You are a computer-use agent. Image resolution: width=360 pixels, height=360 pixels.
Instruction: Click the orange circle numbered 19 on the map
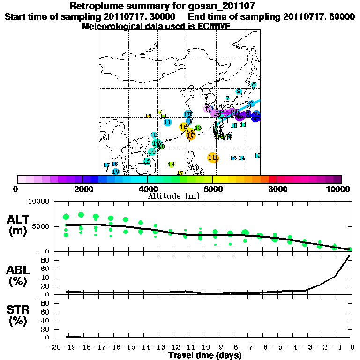tap(213, 157)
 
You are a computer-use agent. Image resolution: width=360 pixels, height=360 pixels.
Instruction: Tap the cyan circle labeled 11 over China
tap(167, 122)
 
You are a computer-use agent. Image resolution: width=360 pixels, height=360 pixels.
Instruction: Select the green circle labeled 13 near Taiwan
tap(198, 128)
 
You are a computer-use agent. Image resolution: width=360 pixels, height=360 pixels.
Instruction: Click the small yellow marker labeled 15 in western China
tap(148, 116)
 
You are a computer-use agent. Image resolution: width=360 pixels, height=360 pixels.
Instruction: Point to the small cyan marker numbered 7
tap(227, 98)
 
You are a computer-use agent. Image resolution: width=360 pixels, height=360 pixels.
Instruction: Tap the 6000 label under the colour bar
tap(212, 189)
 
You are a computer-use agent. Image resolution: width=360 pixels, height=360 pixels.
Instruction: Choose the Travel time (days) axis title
tap(205, 355)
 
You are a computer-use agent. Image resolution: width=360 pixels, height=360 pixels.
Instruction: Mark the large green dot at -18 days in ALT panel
tap(81, 215)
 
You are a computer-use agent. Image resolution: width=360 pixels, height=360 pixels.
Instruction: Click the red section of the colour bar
tap(272, 179)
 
